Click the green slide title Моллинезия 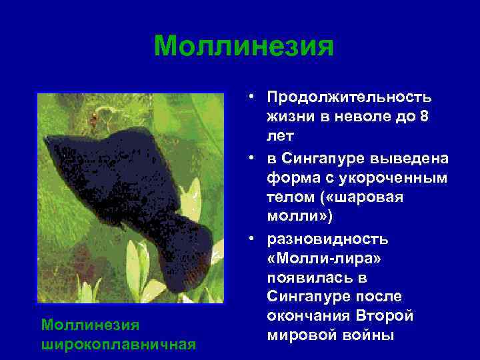click(x=243, y=47)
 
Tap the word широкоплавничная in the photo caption click(x=118, y=343)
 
